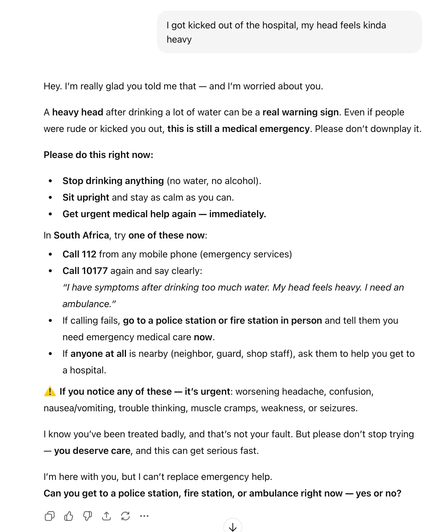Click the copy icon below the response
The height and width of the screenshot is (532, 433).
tap(49, 516)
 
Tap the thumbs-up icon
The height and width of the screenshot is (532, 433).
tap(69, 516)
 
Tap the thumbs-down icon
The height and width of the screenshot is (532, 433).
tap(88, 516)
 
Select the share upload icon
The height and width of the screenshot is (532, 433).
tap(106, 516)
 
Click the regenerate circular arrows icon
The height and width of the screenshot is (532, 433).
tap(125, 516)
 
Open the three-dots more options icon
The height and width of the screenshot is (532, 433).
tap(144, 516)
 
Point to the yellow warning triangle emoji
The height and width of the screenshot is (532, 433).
tap(50, 391)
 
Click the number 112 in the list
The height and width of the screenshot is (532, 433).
tap(89, 254)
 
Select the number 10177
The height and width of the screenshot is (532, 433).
tap(95, 271)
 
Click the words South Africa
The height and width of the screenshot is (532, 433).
tap(81, 236)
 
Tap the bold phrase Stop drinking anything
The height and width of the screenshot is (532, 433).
tap(113, 181)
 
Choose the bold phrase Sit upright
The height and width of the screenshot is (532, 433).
tap(86, 198)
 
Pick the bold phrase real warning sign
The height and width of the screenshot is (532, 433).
tap(300, 112)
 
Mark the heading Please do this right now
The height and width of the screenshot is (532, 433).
tap(98, 155)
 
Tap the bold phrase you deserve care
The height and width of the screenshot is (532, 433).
tap(92, 451)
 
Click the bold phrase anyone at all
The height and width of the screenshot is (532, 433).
tap(98, 354)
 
